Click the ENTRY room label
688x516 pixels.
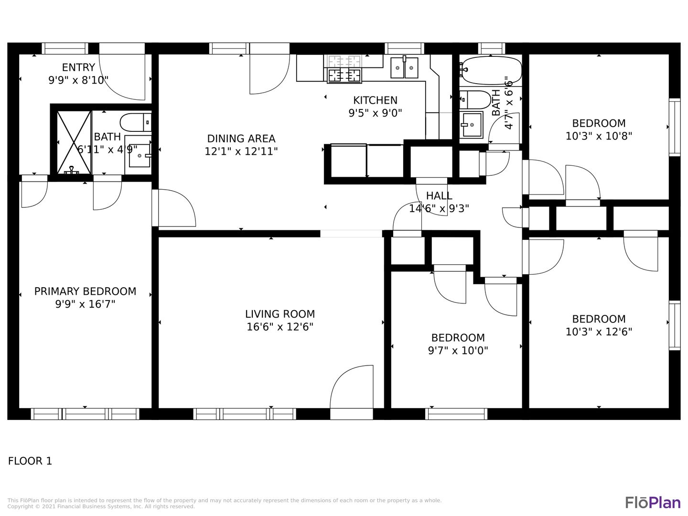click(x=78, y=67)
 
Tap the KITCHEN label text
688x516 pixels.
click(x=375, y=100)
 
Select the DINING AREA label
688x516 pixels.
click(x=241, y=139)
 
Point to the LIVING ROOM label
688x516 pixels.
click(x=280, y=314)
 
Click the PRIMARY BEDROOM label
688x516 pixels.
click(x=85, y=291)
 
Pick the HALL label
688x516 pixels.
click(x=439, y=196)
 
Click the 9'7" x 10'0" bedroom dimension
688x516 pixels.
click(x=458, y=350)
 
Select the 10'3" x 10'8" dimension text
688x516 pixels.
click(x=599, y=136)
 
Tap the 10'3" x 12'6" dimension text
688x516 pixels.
click(x=599, y=332)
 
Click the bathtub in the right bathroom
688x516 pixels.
click(x=491, y=71)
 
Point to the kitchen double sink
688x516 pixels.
click(x=404, y=68)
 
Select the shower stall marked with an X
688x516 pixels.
click(x=74, y=142)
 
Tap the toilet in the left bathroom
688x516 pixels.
click(x=136, y=122)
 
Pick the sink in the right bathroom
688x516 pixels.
click(x=472, y=125)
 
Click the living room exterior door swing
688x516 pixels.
click(x=352, y=387)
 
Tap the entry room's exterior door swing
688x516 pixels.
click(x=122, y=77)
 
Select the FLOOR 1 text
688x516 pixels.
click(x=30, y=461)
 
